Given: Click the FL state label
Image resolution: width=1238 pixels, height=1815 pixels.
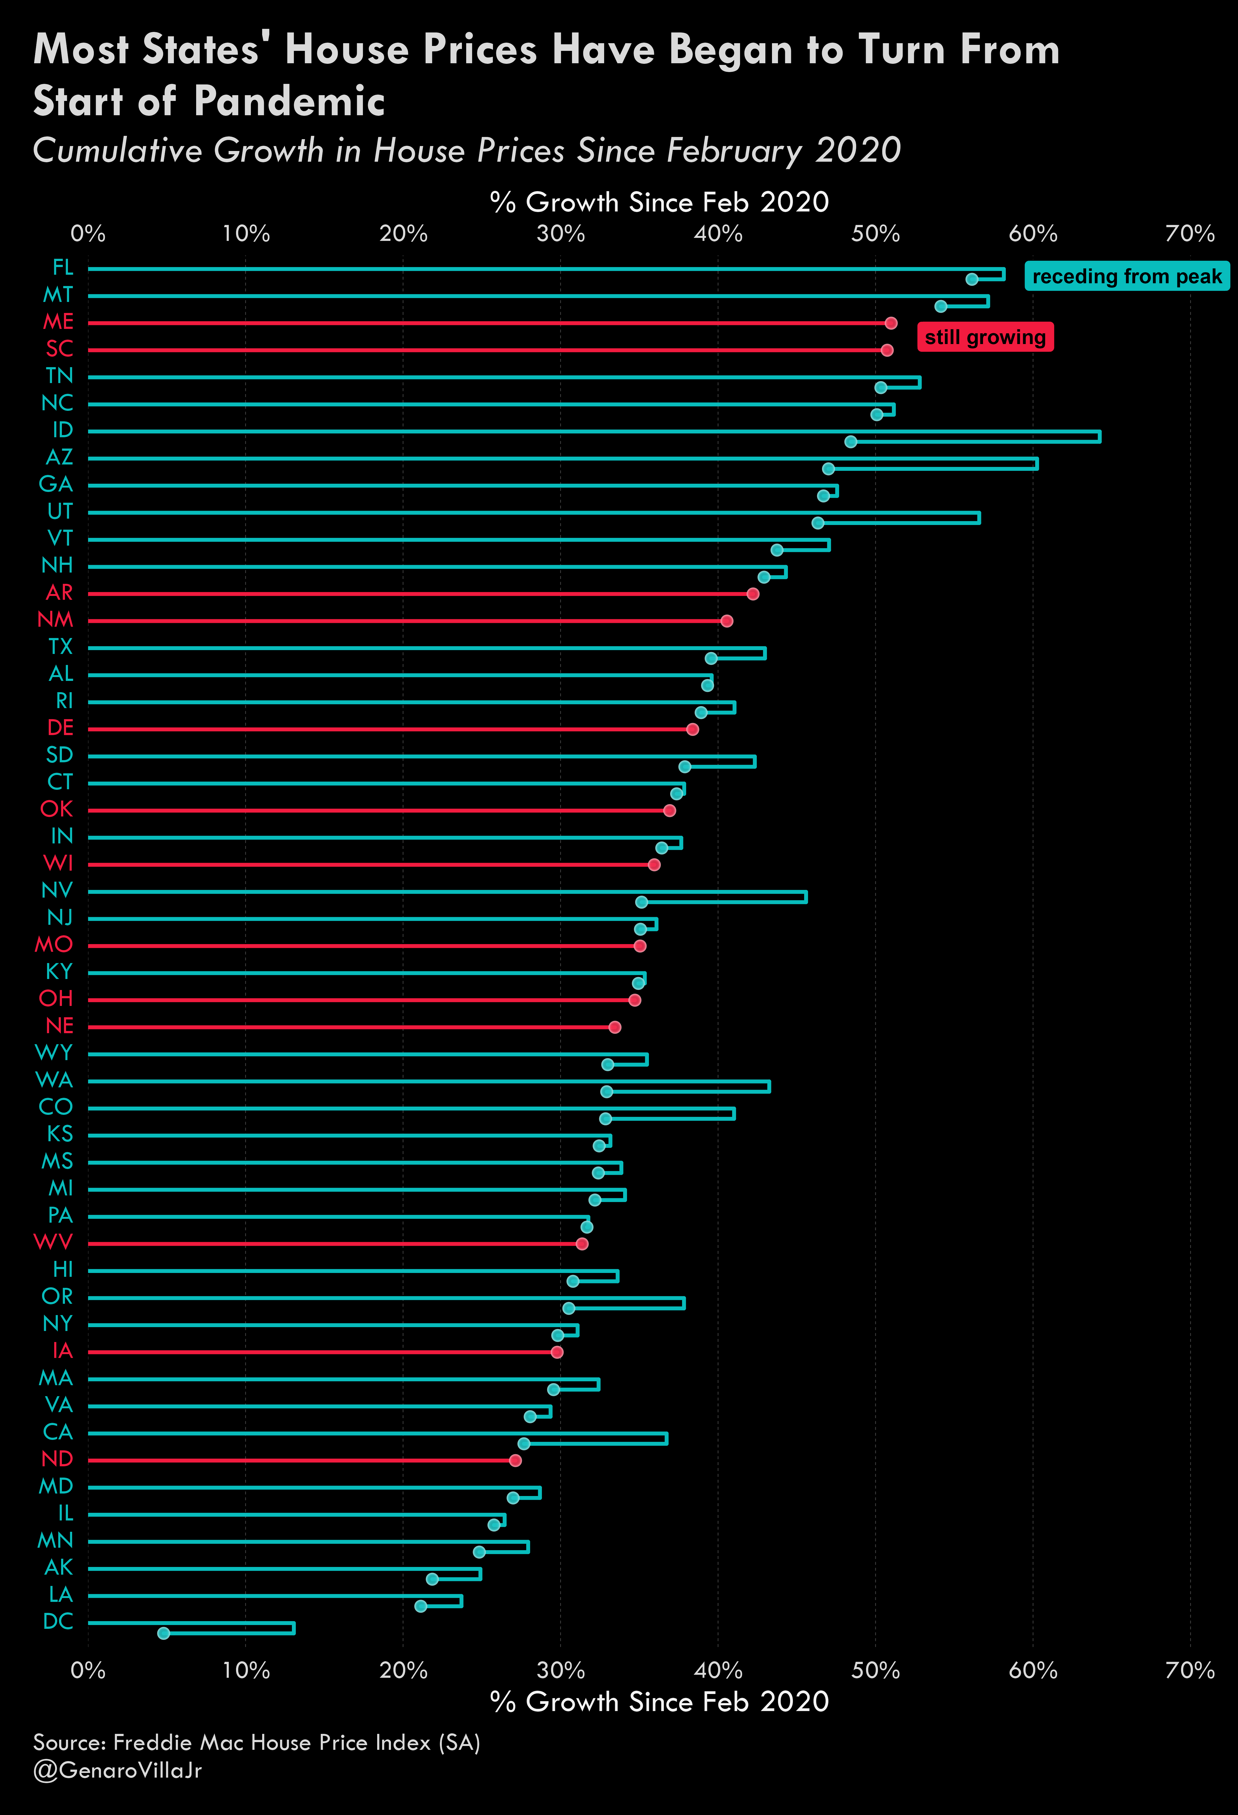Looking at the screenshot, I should (62, 268).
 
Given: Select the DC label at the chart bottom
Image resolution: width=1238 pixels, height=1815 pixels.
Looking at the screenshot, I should (59, 1621).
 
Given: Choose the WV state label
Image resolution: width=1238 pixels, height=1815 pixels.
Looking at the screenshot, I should (53, 1242).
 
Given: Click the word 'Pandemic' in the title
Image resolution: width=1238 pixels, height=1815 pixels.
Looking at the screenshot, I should (289, 101).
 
